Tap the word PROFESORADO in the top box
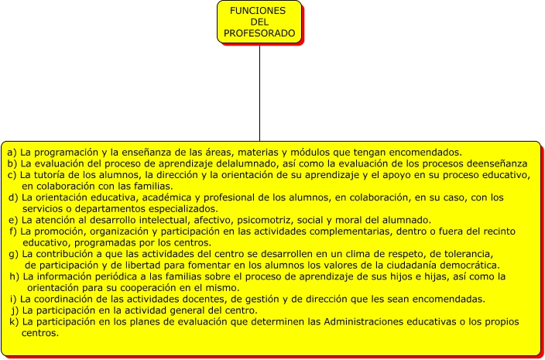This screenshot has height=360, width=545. pos(259,33)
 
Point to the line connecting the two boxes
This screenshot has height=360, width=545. pos(259,93)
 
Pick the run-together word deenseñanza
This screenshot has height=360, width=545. pos(490,163)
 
